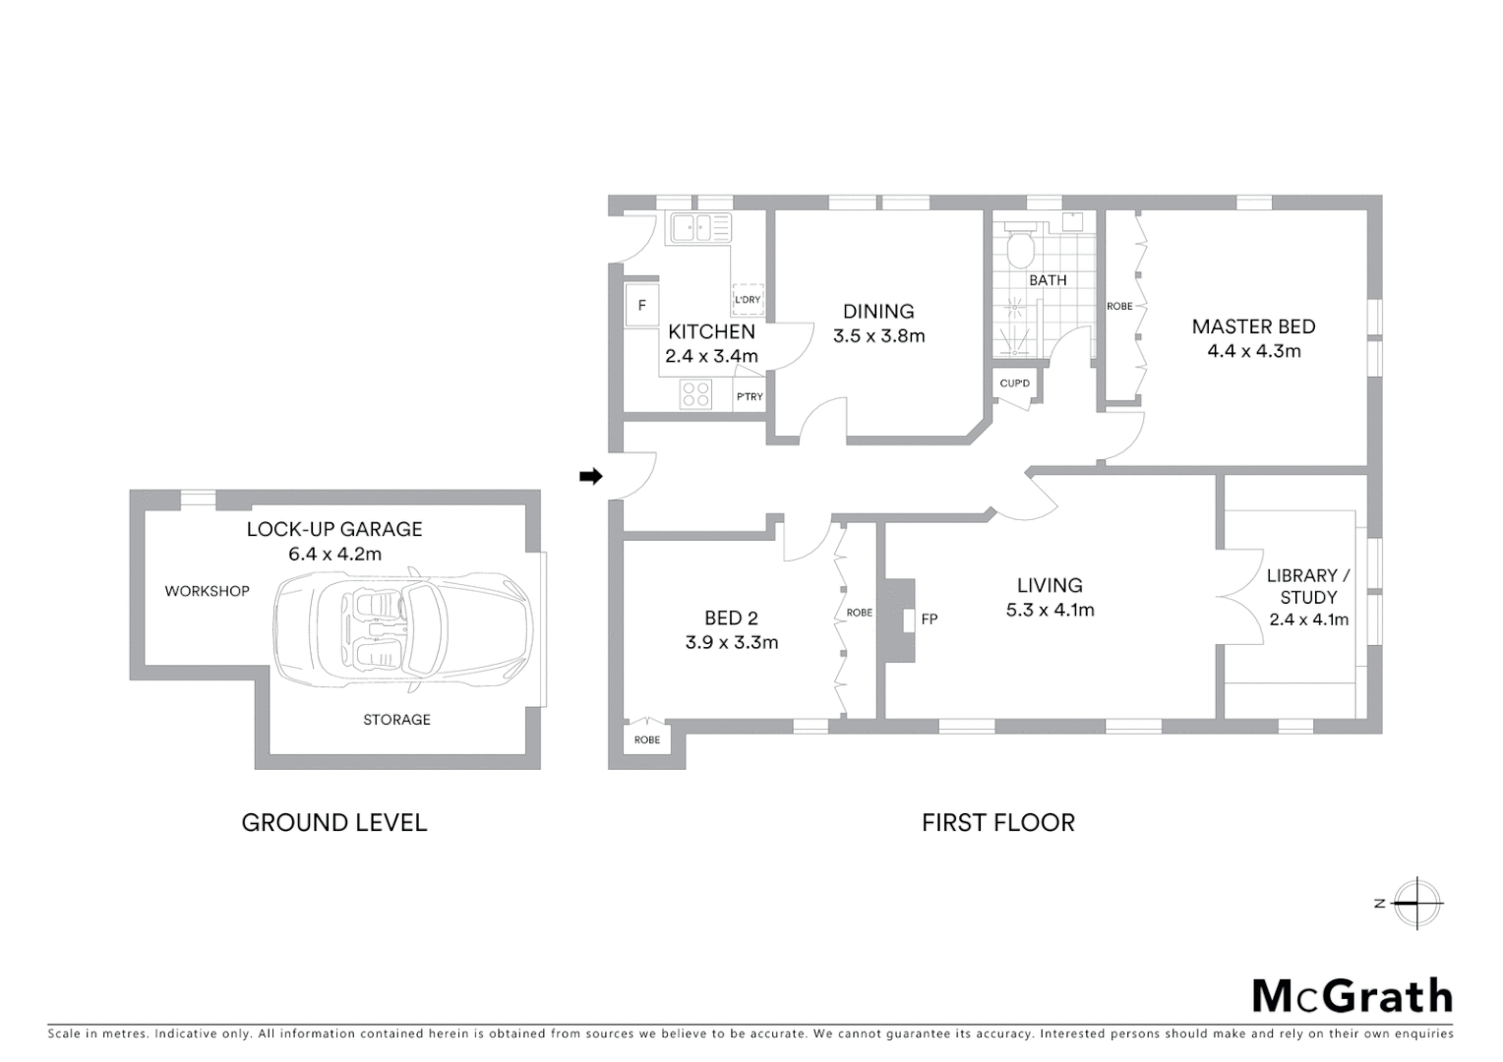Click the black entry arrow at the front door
pos(590,477)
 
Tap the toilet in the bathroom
pos(1019,247)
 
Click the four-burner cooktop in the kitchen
pos(696,394)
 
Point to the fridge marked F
pos(641,306)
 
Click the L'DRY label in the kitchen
pos(748,300)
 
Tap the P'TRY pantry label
pos(750,396)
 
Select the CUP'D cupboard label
pos(1014,383)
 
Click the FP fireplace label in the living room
pos(929,619)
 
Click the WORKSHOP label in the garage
pos(207,591)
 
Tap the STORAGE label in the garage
pos(396,720)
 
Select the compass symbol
pos(1416,903)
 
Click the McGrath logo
pos(1352,996)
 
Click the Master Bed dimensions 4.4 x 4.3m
pos(1253,351)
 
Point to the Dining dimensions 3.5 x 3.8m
pos(878,336)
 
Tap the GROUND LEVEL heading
pos(334,823)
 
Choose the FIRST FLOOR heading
pos(997,823)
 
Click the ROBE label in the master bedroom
pos(1119,307)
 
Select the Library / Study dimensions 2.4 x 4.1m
pos(1308,619)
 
